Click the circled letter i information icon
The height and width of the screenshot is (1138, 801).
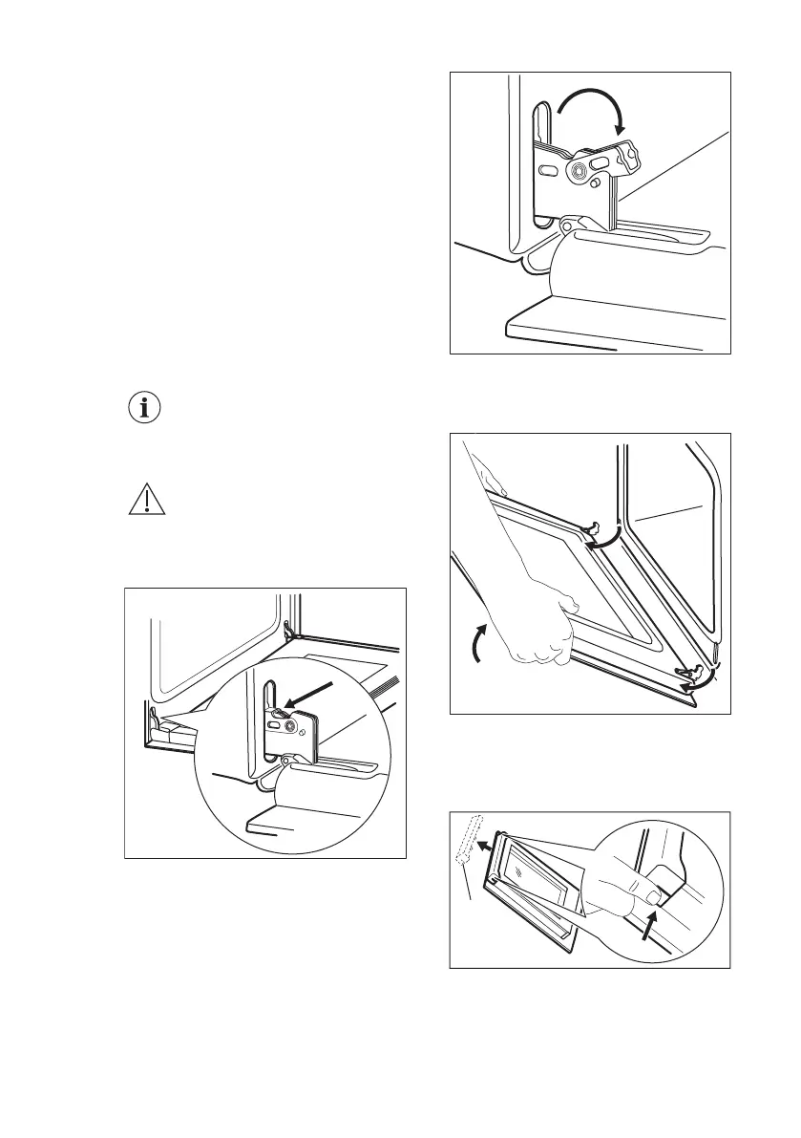click(145, 408)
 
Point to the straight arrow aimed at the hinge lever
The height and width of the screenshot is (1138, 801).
click(309, 694)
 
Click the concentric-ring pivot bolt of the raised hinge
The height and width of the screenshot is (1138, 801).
click(580, 171)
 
